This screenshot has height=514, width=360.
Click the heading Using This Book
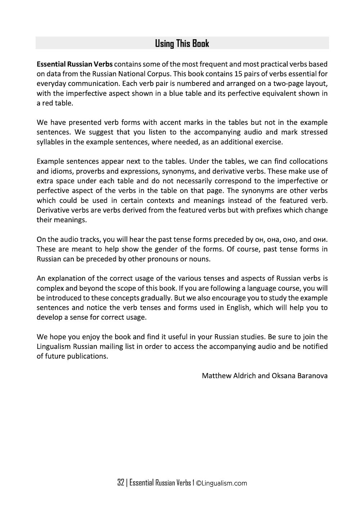[182, 44]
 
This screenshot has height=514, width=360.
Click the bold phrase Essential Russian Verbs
[75, 64]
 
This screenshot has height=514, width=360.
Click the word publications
[87, 356]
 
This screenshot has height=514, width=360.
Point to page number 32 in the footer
[121, 483]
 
